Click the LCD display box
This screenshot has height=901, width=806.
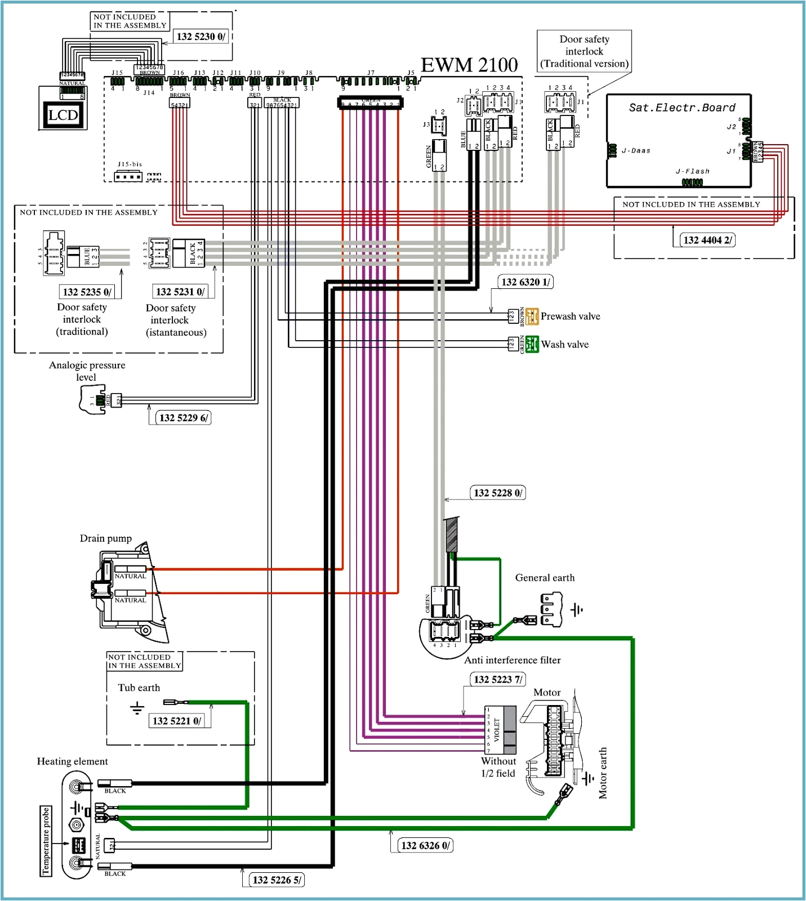coord(63,115)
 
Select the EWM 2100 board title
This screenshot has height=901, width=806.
coord(469,65)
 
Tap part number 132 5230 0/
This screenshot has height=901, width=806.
coord(201,37)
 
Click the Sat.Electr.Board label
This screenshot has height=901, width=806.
coord(682,108)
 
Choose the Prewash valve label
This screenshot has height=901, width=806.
coord(570,316)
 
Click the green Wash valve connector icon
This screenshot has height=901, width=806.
coord(532,344)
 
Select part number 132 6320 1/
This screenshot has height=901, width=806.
coord(526,282)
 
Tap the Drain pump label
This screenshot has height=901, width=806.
coord(106,538)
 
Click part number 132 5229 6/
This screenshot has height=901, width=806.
coord(183,418)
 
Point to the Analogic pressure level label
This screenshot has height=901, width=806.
coord(87,371)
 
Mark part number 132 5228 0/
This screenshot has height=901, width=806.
coord(497,493)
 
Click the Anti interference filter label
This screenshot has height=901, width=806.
coord(512,660)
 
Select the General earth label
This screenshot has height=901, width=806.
coord(545,578)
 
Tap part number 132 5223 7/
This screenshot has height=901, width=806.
coord(497,679)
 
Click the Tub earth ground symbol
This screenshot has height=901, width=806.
coord(137,707)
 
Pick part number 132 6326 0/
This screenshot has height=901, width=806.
coord(425,845)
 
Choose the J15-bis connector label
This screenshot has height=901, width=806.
coord(130,164)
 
